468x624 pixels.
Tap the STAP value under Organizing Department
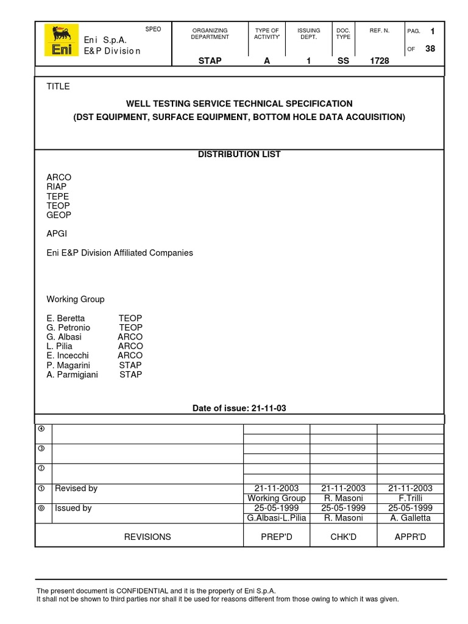coord(210,61)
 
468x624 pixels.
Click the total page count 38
coord(430,49)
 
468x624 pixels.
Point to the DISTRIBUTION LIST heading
coord(239,154)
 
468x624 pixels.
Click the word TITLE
coord(58,87)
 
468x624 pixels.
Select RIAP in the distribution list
coord(57,186)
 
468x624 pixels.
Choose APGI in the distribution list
coord(57,233)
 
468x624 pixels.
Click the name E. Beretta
coord(66,318)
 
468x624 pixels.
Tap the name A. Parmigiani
coord(72,374)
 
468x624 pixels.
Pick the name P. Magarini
coord(68,365)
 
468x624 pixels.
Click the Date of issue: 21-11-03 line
coord(239,408)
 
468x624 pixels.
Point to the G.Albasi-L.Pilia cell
coord(276,517)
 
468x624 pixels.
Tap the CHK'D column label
coord(343,537)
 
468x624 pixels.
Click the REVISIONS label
coord(147,537)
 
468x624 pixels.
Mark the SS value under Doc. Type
coord(343,61)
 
